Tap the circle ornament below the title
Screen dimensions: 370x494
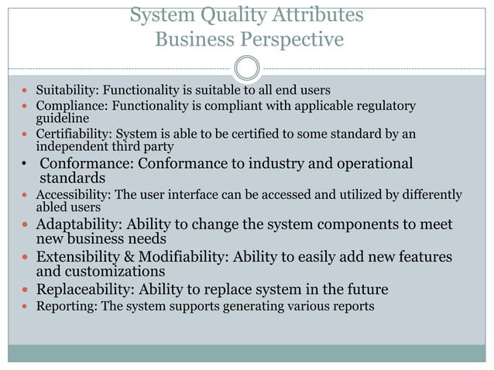(x=246, y=68)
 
